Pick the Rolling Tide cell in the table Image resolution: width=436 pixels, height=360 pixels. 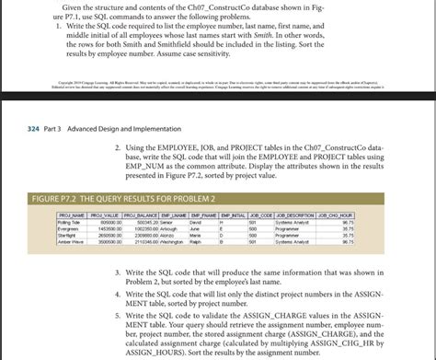click(x=68, y=221)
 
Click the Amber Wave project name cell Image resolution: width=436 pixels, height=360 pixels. click(x=70, y=240)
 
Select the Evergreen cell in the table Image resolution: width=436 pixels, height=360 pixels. click(x=67, y=227)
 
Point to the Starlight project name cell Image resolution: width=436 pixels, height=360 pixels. click(x=66, y=234)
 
